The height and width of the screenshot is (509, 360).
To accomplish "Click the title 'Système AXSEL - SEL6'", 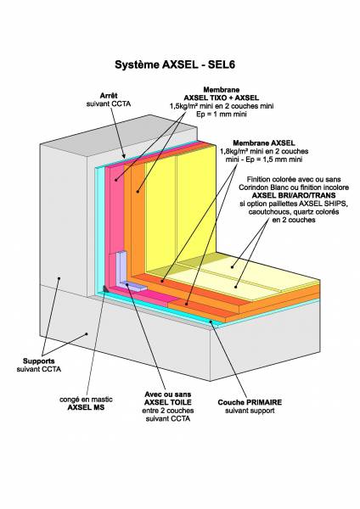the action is pos(175,64).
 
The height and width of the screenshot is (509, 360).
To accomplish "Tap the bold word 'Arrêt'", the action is pos(109,96).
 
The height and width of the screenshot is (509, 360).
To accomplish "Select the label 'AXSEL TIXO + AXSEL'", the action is pos(222,98).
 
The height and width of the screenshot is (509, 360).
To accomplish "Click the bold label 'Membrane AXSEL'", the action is pos(264,143).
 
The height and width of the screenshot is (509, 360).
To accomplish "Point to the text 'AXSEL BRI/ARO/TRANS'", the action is pos(294,195).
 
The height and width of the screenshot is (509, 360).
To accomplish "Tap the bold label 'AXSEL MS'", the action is pos(86,407).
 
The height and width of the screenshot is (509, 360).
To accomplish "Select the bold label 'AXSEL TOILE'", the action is pos(167,402).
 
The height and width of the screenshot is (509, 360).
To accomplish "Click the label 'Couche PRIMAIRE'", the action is pos(250,402).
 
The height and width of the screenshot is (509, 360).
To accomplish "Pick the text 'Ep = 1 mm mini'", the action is pos(222,114).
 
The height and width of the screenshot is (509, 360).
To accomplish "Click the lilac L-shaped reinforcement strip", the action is pos(125,271).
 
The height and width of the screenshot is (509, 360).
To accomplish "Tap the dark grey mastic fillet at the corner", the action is pos(105,288).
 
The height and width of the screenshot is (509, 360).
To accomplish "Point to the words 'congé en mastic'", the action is pos(86,400).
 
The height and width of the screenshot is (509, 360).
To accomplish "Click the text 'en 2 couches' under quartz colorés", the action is pos(294,220).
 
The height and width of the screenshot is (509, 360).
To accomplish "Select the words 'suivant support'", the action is pos(250,411).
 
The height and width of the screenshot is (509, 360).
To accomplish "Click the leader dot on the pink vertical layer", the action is pos(116,180).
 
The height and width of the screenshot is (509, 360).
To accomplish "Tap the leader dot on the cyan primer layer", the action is pos(211,322).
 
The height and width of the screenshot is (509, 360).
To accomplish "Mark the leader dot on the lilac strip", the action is pos(127,285).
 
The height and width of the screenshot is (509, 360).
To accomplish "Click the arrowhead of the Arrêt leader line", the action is pos(124,157).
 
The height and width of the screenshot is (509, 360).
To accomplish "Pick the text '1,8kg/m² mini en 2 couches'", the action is pos(264,151).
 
